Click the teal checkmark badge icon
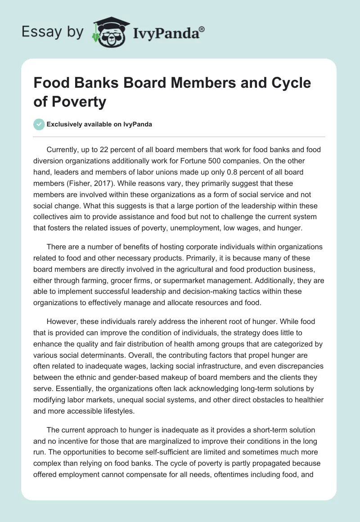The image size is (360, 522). point(39,124)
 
